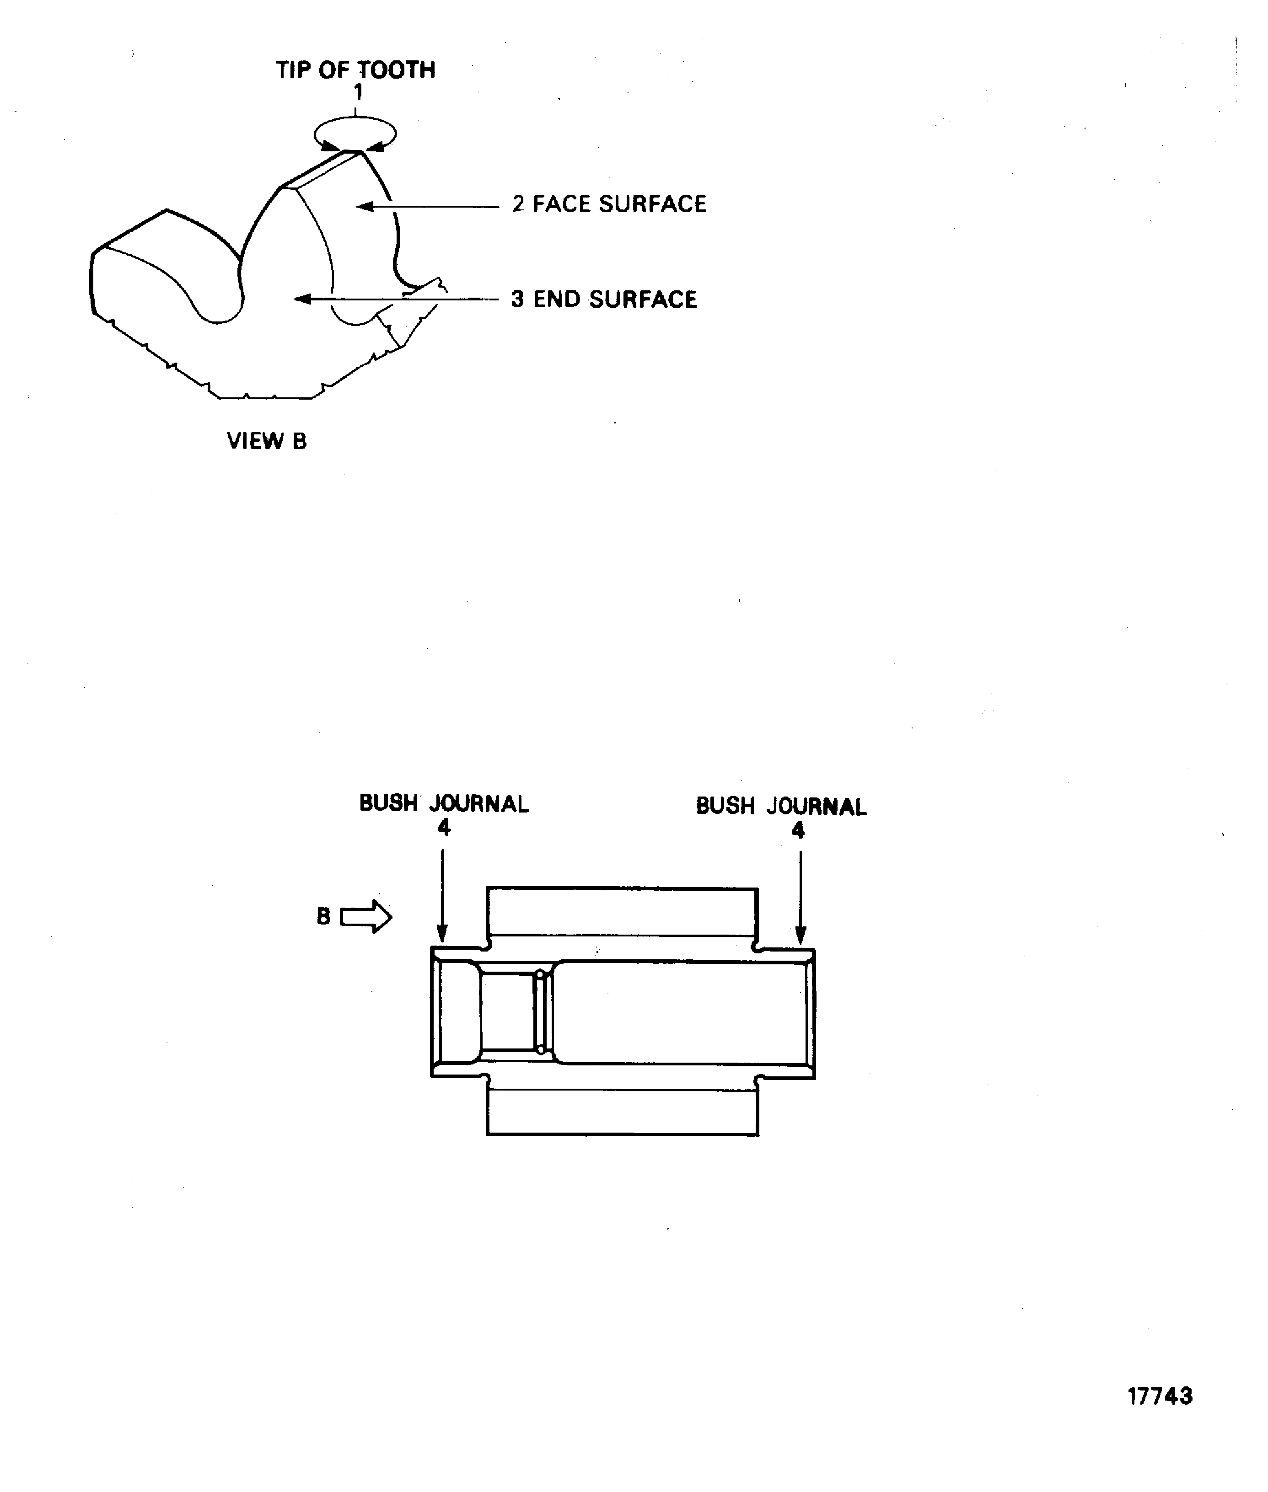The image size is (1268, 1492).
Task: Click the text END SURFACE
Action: (x=615, y=299)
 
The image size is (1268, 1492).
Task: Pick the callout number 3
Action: (x=517, y=299)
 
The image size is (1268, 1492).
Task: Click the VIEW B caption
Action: (x=267, y=441)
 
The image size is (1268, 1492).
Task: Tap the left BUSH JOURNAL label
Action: (x=444, y=804)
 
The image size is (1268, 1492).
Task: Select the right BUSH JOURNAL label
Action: (x=781, y=807)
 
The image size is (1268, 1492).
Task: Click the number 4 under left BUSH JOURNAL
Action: (x=444, y=828)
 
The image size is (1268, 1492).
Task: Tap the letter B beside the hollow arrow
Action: (x=323, y=917)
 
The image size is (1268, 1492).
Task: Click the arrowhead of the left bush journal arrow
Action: (x=442, y=935)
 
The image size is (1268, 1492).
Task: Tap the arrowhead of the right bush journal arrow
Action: (x=800, y=937)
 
